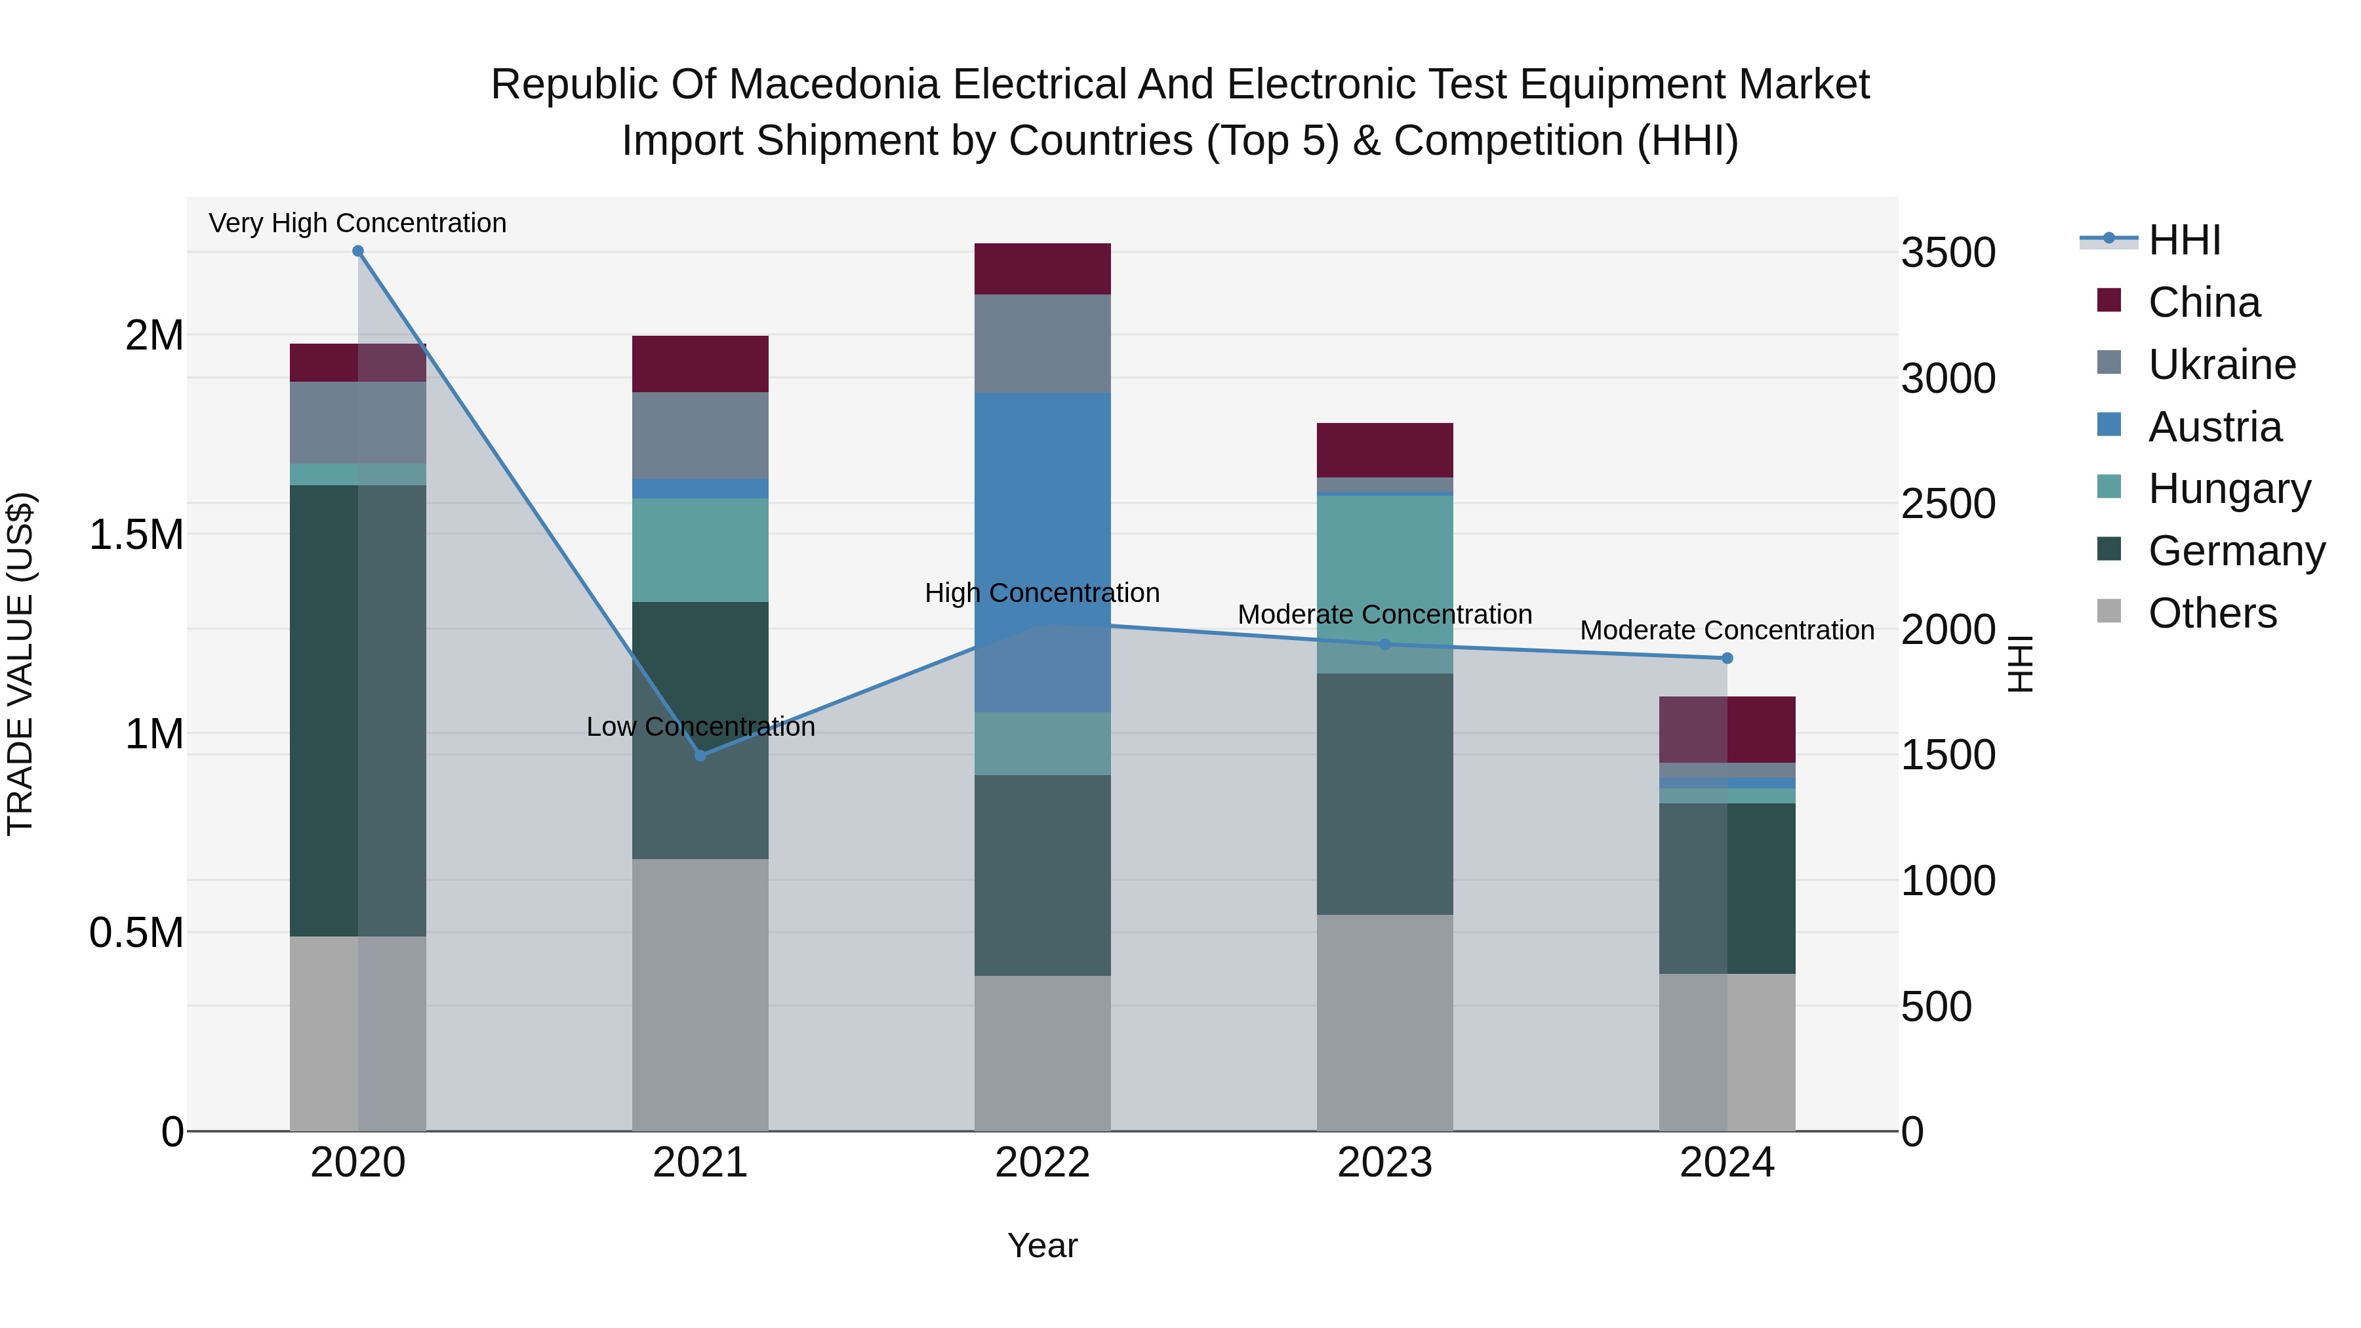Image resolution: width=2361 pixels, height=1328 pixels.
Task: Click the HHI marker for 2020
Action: click(x=358, y=251)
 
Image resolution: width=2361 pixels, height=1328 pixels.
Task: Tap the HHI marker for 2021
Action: click(x=700, y=755)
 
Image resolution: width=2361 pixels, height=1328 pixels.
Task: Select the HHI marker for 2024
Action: click(x=1727, y=658)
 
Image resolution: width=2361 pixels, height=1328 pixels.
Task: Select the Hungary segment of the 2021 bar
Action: click(x=700, y=550)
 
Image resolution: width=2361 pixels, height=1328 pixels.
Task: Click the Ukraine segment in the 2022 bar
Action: click(x=1042, y=344)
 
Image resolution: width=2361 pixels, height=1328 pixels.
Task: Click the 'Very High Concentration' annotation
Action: click(x=357, y=223)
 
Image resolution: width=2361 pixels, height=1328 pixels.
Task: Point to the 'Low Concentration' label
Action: click(x=700, y=727)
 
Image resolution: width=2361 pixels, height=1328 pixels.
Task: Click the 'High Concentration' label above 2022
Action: click(x=1042, y=593)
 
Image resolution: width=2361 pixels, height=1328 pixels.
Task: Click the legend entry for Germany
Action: click(x=2236, y=552)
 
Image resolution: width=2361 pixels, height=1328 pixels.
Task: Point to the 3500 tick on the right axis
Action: click(x=1948, y=253)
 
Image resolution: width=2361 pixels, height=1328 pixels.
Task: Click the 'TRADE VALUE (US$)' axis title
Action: click(x=20, y=664)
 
